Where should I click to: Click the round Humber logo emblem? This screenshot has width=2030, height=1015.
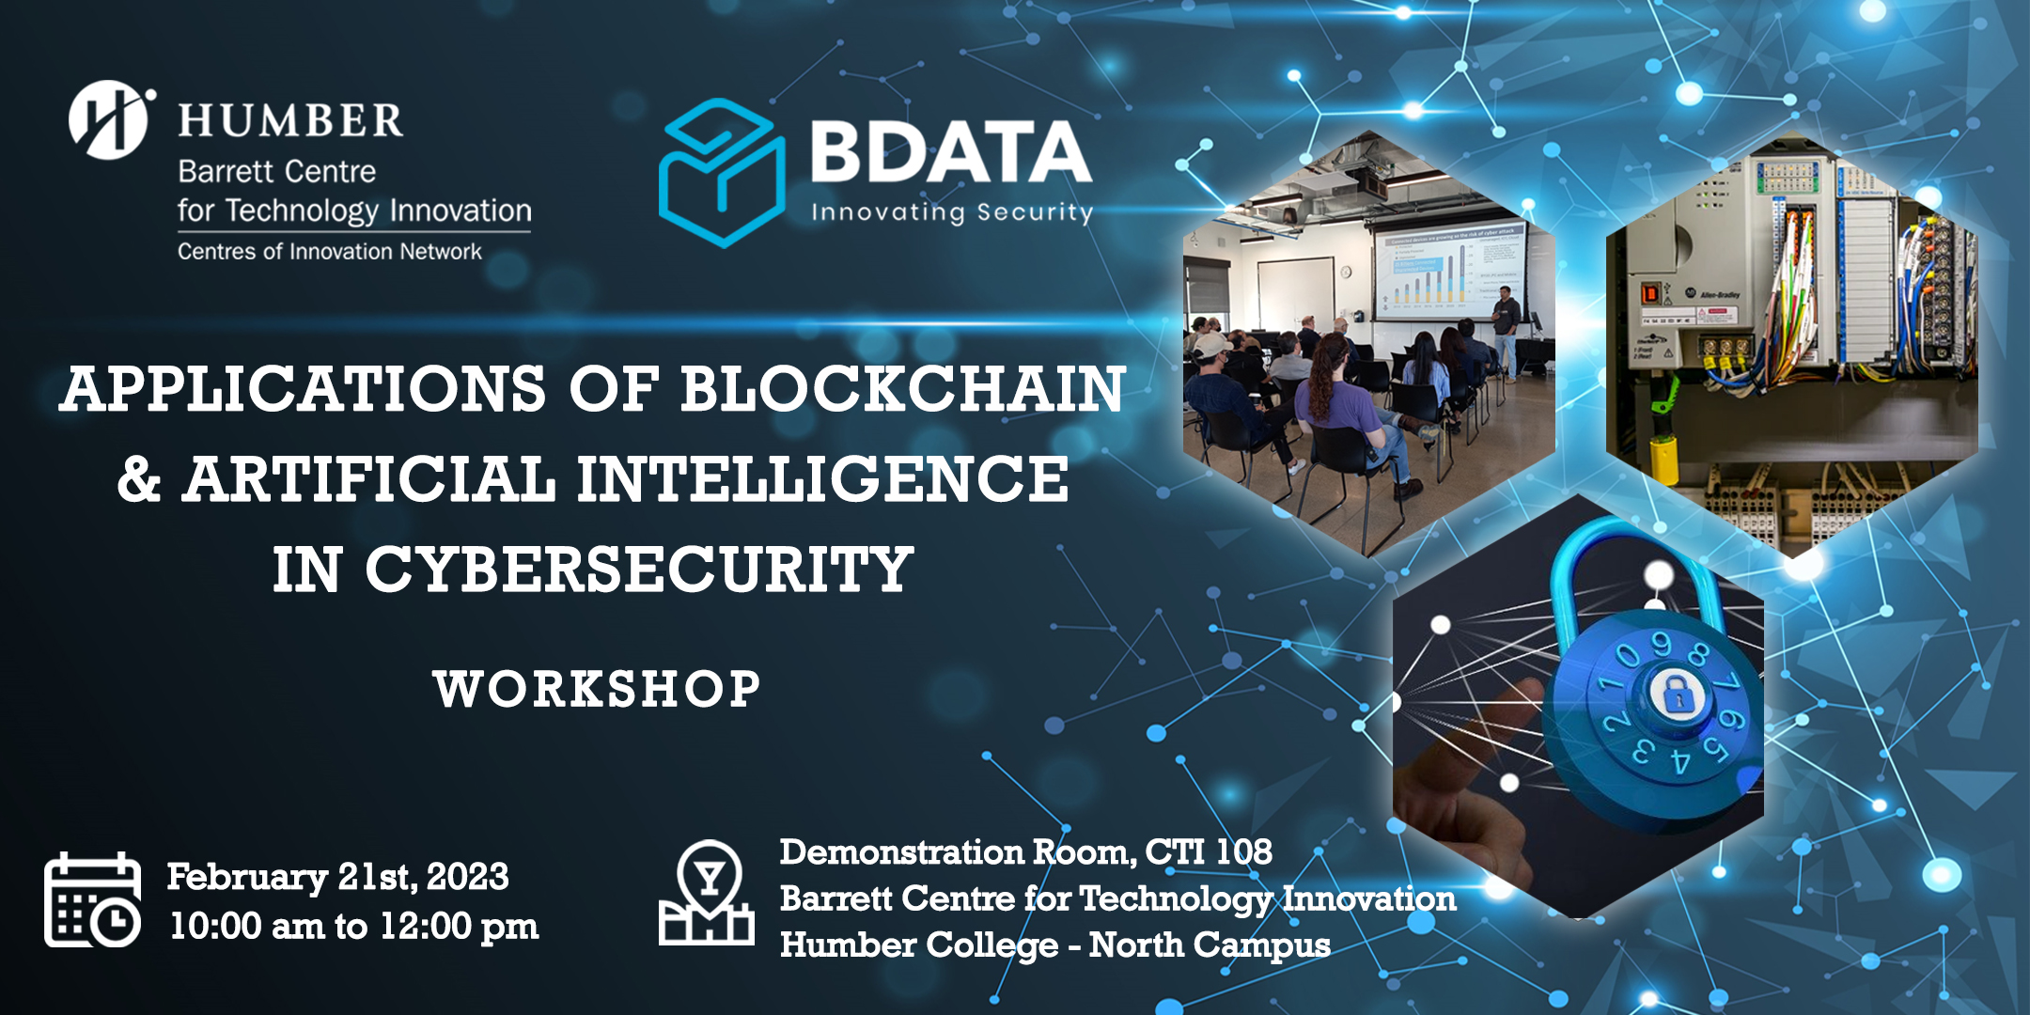point(109,119)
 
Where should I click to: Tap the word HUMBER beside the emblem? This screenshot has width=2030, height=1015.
point(290,121)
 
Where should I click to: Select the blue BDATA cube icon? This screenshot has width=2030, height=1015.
point(721,173)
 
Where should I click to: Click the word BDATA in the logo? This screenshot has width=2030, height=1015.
point(950,152)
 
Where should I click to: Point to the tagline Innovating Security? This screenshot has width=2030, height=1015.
point(951,212)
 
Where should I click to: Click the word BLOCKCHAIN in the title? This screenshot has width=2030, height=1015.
point(902,389)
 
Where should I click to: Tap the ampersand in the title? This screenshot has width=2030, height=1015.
point(139,479)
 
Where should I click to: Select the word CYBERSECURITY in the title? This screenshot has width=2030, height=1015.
point(639,570)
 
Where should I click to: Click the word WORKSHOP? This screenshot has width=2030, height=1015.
point(597,689)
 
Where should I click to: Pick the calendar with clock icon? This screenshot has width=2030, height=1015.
point(92,899)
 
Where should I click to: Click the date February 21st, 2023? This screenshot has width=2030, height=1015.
point(337,877)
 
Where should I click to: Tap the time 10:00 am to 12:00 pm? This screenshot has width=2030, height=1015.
point(354,927)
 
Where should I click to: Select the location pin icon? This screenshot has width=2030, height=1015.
point(707,893)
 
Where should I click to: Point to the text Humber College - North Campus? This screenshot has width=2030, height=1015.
point(1054,945)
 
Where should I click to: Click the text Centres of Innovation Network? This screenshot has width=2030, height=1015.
point(329,252)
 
